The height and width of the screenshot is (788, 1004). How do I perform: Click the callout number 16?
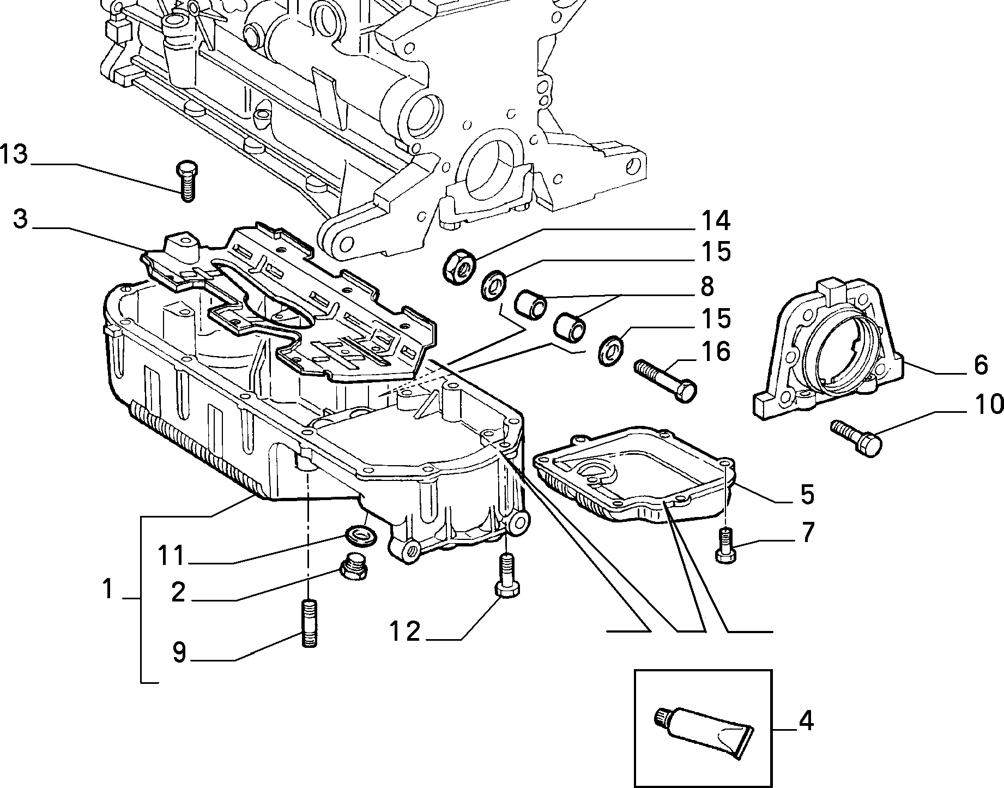tap(715, 352)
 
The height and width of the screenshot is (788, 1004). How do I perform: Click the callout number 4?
tap(806, 721)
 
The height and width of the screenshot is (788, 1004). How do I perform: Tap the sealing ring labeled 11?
tap(360, 536)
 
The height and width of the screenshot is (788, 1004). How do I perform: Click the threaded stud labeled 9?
tap(309, 623)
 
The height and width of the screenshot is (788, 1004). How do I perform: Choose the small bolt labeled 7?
tap(725, 545)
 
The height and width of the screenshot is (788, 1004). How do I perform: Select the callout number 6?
tap(980, 365)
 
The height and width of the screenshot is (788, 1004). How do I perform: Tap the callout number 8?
tap(706, 286)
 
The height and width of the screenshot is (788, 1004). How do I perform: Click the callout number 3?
tap(20, 221)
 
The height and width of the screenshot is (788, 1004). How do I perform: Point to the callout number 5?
tap(807, 494)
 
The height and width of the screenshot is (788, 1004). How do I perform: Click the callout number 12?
tap(405, 632)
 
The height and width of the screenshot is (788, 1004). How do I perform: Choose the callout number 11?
tap(172, 557)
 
